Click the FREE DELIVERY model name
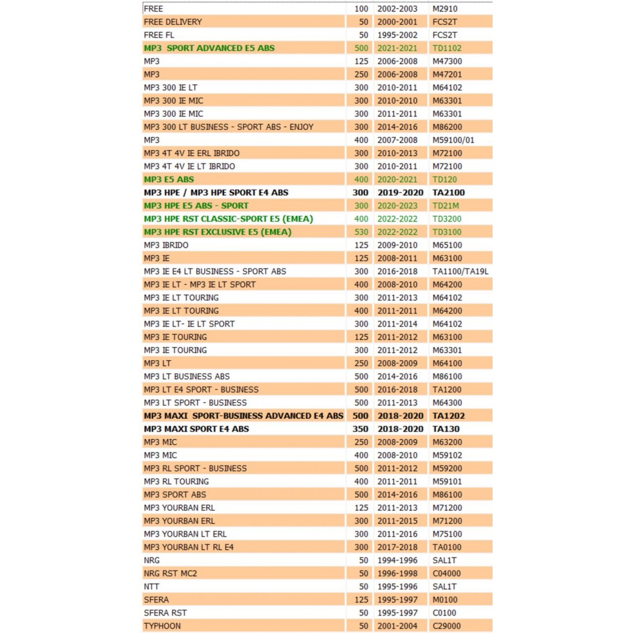[x=173, y=22]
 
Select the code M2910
[x=445, y=9]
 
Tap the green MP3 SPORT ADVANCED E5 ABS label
[x=209, y=48]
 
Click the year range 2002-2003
[x=397, y=9]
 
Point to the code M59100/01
[x=453, y=140]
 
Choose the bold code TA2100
[x=448, y=193]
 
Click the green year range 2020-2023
[x=397, y=205]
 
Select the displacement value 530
[x=361, y=232]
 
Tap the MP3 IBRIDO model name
[x=166, y=245]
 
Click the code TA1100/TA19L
[x=460, y=272]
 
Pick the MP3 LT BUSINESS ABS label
[x=186, y=376]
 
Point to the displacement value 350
[x=360, y=429]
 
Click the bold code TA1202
[x=448, y=415]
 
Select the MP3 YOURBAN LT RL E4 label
[x=189, y=547]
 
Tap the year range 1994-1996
[x=397, y=560]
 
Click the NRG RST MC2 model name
[x=170, y=574]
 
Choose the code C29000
[x=447, y=626]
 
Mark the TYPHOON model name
[x=162, y=626]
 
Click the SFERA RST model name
[x=165, y=613]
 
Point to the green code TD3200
[x=447, y=219]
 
